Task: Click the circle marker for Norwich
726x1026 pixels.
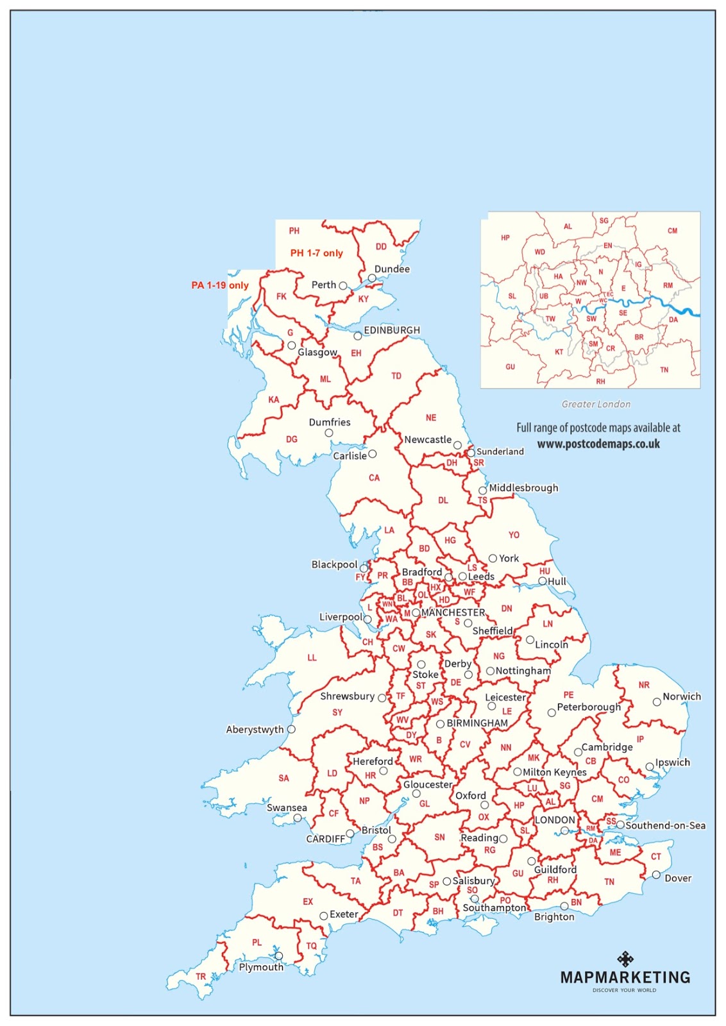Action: (657, 702)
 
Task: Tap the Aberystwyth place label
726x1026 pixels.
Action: (255, 730)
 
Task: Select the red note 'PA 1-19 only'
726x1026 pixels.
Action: (220, 285)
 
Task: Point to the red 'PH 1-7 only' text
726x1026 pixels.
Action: (317, 253)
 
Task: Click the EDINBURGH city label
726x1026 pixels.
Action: (392, 330)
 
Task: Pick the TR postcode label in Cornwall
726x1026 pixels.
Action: (201, 977)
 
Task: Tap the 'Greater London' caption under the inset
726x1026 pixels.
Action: (596, 404)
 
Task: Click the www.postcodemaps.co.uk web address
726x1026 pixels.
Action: (598, 444)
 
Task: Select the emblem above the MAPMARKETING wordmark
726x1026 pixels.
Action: (625, 959)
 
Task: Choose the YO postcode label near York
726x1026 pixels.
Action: (514, 535)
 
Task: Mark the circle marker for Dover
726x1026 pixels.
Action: (656, 875)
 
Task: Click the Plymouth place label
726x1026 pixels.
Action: (261, 967)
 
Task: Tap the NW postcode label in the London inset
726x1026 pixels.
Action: (581, 282)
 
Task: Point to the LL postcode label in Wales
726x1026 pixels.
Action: (312, 657)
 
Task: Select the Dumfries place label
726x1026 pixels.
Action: (330, 423)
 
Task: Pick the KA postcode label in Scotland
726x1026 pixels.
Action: (274, 399)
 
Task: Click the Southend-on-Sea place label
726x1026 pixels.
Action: (666, 825)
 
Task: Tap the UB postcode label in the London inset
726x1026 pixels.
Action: (544, 296)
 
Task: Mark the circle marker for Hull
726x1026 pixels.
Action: (543, 581)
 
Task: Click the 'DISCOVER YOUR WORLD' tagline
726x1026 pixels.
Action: (624, 990)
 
